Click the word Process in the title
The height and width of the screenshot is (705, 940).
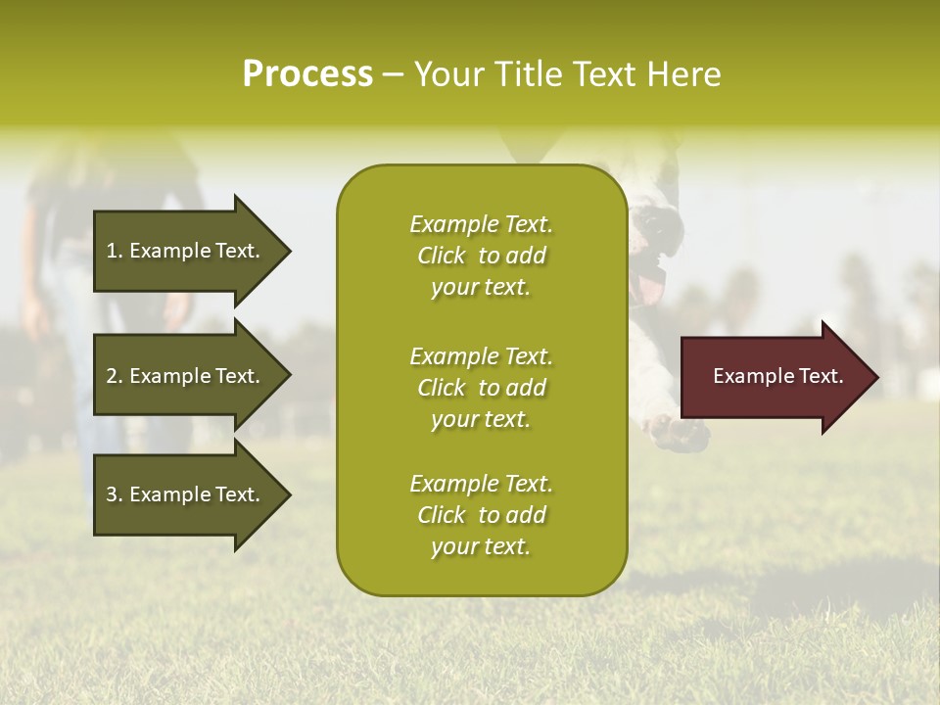307,74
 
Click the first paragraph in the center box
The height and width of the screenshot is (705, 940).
481,256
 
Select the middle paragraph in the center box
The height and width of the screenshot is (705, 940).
481,388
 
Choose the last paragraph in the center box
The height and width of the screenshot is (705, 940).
481,515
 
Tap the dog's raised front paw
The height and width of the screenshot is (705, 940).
681,431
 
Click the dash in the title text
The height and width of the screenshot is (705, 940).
394,75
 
